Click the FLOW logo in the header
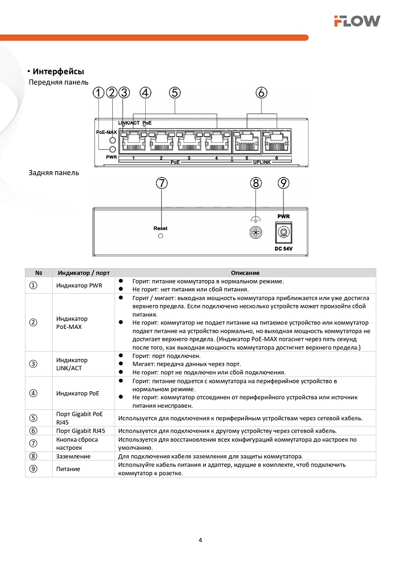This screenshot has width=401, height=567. [x=357, y=22]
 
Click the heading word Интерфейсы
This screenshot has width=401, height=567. [x=58, y=72]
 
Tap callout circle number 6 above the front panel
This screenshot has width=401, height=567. [x=261, y=92]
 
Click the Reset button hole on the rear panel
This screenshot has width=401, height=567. [x=161, y=235]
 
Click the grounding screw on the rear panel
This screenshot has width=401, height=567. [x=256, y=232]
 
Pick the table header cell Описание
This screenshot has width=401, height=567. [x=245, y=273]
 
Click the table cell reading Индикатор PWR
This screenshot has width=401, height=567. [x=79, y=285]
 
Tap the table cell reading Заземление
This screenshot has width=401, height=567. [x=73, y=456]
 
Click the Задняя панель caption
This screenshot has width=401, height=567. [x=54, y=172]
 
